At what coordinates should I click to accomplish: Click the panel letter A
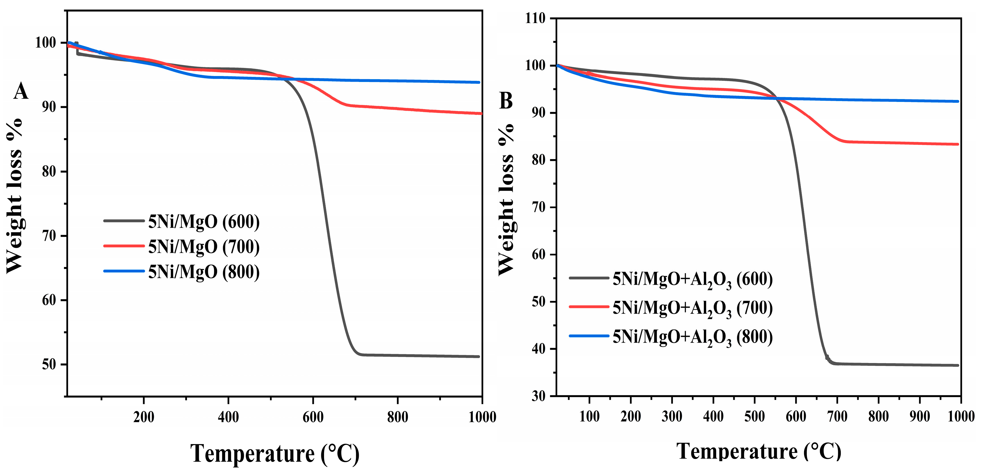pos(21,91)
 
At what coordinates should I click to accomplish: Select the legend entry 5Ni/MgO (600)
pos(203,221)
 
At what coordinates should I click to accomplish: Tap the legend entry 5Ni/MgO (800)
pos(203,272)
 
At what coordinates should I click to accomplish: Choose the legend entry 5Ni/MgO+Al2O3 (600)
pos(692,279)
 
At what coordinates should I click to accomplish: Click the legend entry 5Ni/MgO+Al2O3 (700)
pos(692,308)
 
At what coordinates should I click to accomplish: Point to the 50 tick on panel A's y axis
pos(49,364)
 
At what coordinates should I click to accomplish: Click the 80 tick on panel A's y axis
pos(49,171)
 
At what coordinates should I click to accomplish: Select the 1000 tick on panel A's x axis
pos(482,416)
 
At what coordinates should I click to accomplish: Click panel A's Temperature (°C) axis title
pos(275,454)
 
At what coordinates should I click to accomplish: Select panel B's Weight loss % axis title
pos(506,199)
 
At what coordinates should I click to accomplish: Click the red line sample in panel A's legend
pos(123,246)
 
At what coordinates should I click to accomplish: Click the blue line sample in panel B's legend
pos(589,336)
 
